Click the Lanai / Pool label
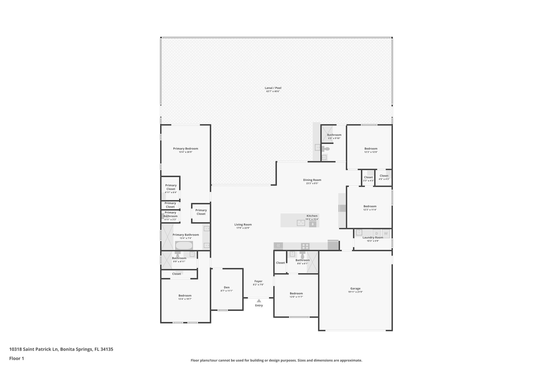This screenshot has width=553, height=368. [x=273, y=88]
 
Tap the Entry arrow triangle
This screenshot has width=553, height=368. [x=259, y=301]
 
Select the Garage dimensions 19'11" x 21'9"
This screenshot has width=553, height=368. [x=355, y=292]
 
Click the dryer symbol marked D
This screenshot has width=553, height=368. [x=377, y=233]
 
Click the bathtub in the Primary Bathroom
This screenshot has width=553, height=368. [x=184, y=246]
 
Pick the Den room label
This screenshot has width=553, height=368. [x=227, y=287]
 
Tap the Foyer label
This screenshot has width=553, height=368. [x=258, y=281]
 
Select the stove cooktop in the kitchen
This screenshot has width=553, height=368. [x=305, y=246]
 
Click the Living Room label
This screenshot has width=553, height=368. [x=243, y=225]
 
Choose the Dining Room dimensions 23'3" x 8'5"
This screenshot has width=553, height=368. [x=312, y=183]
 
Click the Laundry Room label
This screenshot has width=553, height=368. [x=373, y=238]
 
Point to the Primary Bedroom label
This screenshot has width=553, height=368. [x=186, y=149]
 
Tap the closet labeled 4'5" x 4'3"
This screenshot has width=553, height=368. [x=384, y=177]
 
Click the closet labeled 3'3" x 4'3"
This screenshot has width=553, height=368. [x=368, y=179]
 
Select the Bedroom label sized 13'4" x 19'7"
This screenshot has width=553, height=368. [x=185, y=295]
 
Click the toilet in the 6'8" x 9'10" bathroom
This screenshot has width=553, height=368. [x=327, y=149]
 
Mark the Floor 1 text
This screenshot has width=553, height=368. [x=17, y=359]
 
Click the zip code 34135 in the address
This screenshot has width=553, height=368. [x=107, y=349]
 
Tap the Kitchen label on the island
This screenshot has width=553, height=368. [x=312, y=216]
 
